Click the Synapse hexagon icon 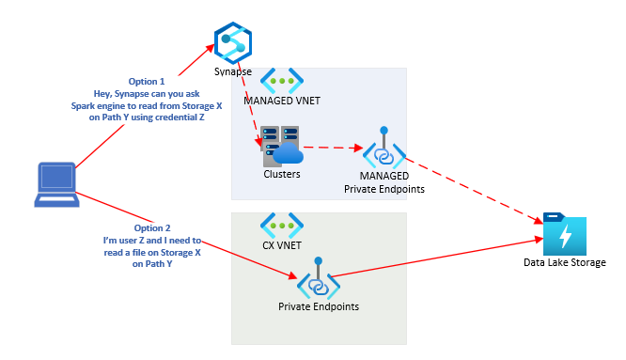click(x=231, y=41)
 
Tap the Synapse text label click(x=232, y=71)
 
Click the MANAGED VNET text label click(x=283, y=101)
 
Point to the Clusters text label click(x=282, y=174)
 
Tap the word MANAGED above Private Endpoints click(x=384, y=175)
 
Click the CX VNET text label click(x=282, y=247)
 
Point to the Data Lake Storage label click(x=565, y=262)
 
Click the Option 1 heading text click(x=152, y=80)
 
